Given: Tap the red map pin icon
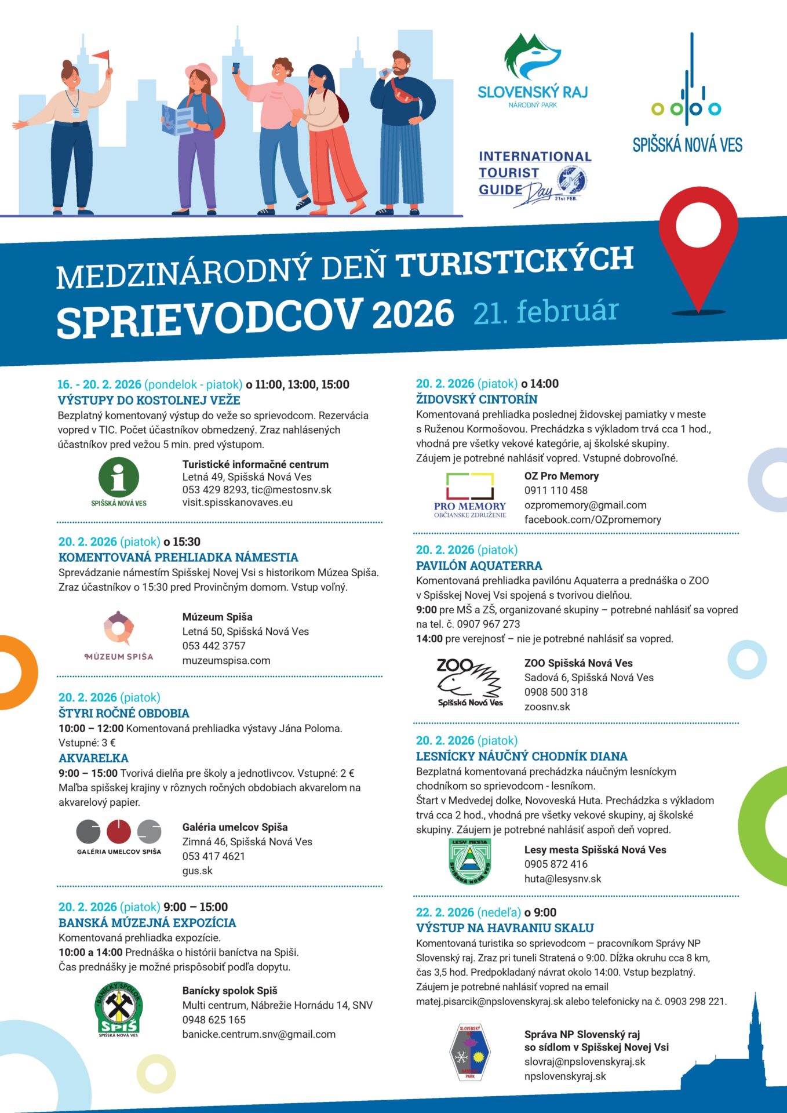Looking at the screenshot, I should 698,243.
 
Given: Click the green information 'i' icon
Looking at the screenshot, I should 119,477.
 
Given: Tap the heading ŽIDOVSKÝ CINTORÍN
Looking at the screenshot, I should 476,399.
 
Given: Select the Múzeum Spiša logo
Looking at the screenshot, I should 119,635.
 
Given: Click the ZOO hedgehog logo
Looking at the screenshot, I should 469,682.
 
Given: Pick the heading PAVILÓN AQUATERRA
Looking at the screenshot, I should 479,566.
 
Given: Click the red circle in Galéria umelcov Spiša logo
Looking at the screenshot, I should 119,832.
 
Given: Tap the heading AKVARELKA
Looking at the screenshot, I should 93,758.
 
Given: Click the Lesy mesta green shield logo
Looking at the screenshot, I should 470,861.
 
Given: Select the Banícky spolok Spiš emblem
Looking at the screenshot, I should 118,1009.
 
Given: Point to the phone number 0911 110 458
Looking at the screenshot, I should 556,490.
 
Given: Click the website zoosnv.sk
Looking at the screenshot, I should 547,707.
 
